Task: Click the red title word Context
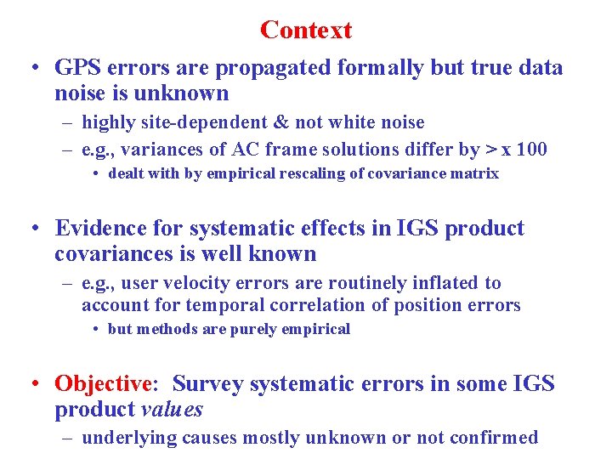click(x=306, y=31)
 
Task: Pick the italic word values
click(x=170, y=410)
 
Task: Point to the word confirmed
click(x=495, y=438)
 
